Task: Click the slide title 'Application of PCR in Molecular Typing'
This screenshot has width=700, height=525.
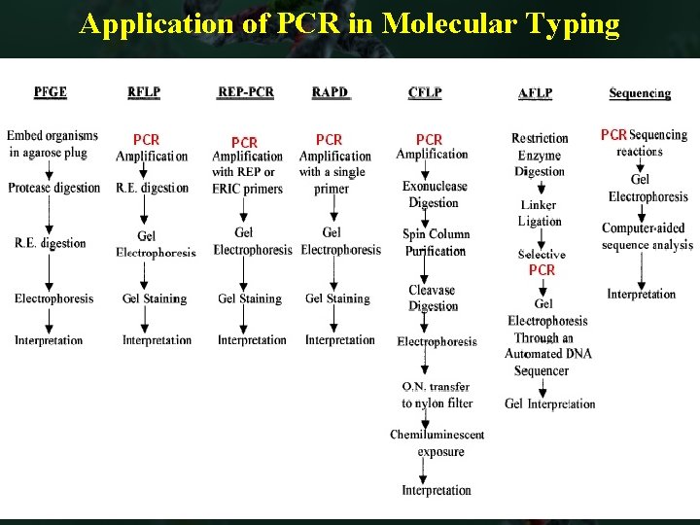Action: pos(349,23)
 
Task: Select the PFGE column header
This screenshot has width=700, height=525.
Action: pos(51,92)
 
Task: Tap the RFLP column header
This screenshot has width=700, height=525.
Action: pos(144,92)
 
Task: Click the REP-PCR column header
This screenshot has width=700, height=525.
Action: pos(246,92)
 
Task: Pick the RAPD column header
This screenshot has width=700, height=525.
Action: pos(330,92)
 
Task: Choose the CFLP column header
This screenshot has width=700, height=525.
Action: pos(425,92)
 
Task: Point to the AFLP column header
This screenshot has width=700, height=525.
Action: pos(536,93)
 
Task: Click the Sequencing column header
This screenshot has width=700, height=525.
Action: pos(640,93)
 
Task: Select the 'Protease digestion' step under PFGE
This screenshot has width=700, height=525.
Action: pos(54,188)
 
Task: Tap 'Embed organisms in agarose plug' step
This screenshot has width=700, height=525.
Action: pos(52,144)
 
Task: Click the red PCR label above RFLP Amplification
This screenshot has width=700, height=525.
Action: pos(146,140)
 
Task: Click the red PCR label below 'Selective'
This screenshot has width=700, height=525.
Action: pos(542,269)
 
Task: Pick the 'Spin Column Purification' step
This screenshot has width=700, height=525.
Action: pos(436,242)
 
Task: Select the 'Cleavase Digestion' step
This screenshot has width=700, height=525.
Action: pos(432,297)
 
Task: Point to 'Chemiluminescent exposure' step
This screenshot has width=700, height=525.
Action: pos(437,442)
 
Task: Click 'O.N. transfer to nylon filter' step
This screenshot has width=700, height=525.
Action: pos(437,395)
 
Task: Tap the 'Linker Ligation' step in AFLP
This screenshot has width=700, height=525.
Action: pos(539,213)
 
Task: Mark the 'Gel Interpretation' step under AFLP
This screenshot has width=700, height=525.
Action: pos(550,403)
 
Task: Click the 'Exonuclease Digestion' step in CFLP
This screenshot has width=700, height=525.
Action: pos(435,194)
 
